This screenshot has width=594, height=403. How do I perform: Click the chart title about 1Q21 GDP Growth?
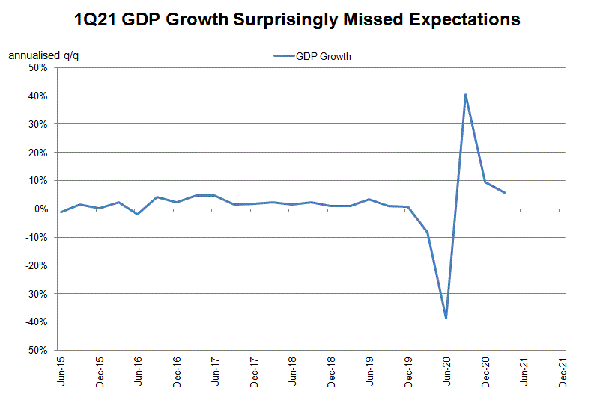pyautogui.click(x=297, y=19)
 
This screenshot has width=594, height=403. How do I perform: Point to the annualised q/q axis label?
pyautogui.click(x=38, y=55)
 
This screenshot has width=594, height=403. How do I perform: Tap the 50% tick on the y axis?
pyautogui.click(x=37, y=68)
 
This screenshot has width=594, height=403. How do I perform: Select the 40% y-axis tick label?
pyautogui.click(x=37, y=96)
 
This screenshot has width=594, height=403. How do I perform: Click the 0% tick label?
pyautogui.click(x=40, y=209)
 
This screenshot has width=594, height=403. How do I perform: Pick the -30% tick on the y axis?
pyautogui.click(x=36, y=294)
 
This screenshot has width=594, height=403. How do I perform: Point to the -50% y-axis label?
pyautogui.click(x=36, y=350)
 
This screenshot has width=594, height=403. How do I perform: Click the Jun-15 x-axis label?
pyautogui.click(x=61, y=372)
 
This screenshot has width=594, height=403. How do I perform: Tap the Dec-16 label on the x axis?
pyautogui.click(x=177, y=372)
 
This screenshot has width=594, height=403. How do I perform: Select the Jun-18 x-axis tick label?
pyautogui.click(x=292, y=372)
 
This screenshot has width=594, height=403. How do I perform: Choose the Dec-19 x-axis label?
pyautogui.click(x=408, y=372)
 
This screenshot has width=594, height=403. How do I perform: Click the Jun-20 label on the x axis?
pyautogui.click(x=447, y=372)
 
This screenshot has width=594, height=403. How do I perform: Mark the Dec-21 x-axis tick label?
pyautogui.click(x=563, y=372)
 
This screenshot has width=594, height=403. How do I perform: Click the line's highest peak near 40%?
pyautogui.click(x=466, y=94)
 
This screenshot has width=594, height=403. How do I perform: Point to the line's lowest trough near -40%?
pyautogui.click(x=446, y=318)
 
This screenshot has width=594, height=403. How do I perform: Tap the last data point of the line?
pyautogui.click(x=504, y=192)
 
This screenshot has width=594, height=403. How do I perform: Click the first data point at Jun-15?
pyautogui.click(x=61, y=212)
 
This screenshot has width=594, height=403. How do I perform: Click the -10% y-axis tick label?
pyautogui.click(x=36, y=238)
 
